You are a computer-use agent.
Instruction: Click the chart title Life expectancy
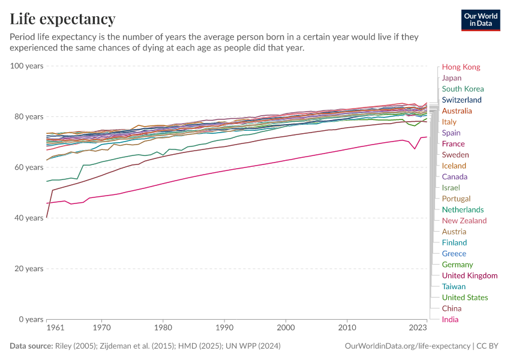point(62,19)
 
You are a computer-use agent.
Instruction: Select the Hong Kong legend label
point(461,67)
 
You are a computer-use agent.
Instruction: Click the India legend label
point(450,319)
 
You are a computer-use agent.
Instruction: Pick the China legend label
point(452,308)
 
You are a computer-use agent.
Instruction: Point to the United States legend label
point(465,298)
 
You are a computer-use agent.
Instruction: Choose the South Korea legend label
point(463,89)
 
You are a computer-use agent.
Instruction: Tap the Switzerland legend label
point(461,100)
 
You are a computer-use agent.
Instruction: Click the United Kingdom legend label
point(470,275)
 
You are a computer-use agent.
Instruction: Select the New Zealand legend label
point(464,221)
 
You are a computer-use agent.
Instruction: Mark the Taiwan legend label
point(454,286)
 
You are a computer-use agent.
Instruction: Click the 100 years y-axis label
point(27,65)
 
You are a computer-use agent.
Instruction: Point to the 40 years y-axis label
point(29,218)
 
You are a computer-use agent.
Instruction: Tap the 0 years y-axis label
point(31,319)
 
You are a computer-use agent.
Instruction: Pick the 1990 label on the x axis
point(224,329)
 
